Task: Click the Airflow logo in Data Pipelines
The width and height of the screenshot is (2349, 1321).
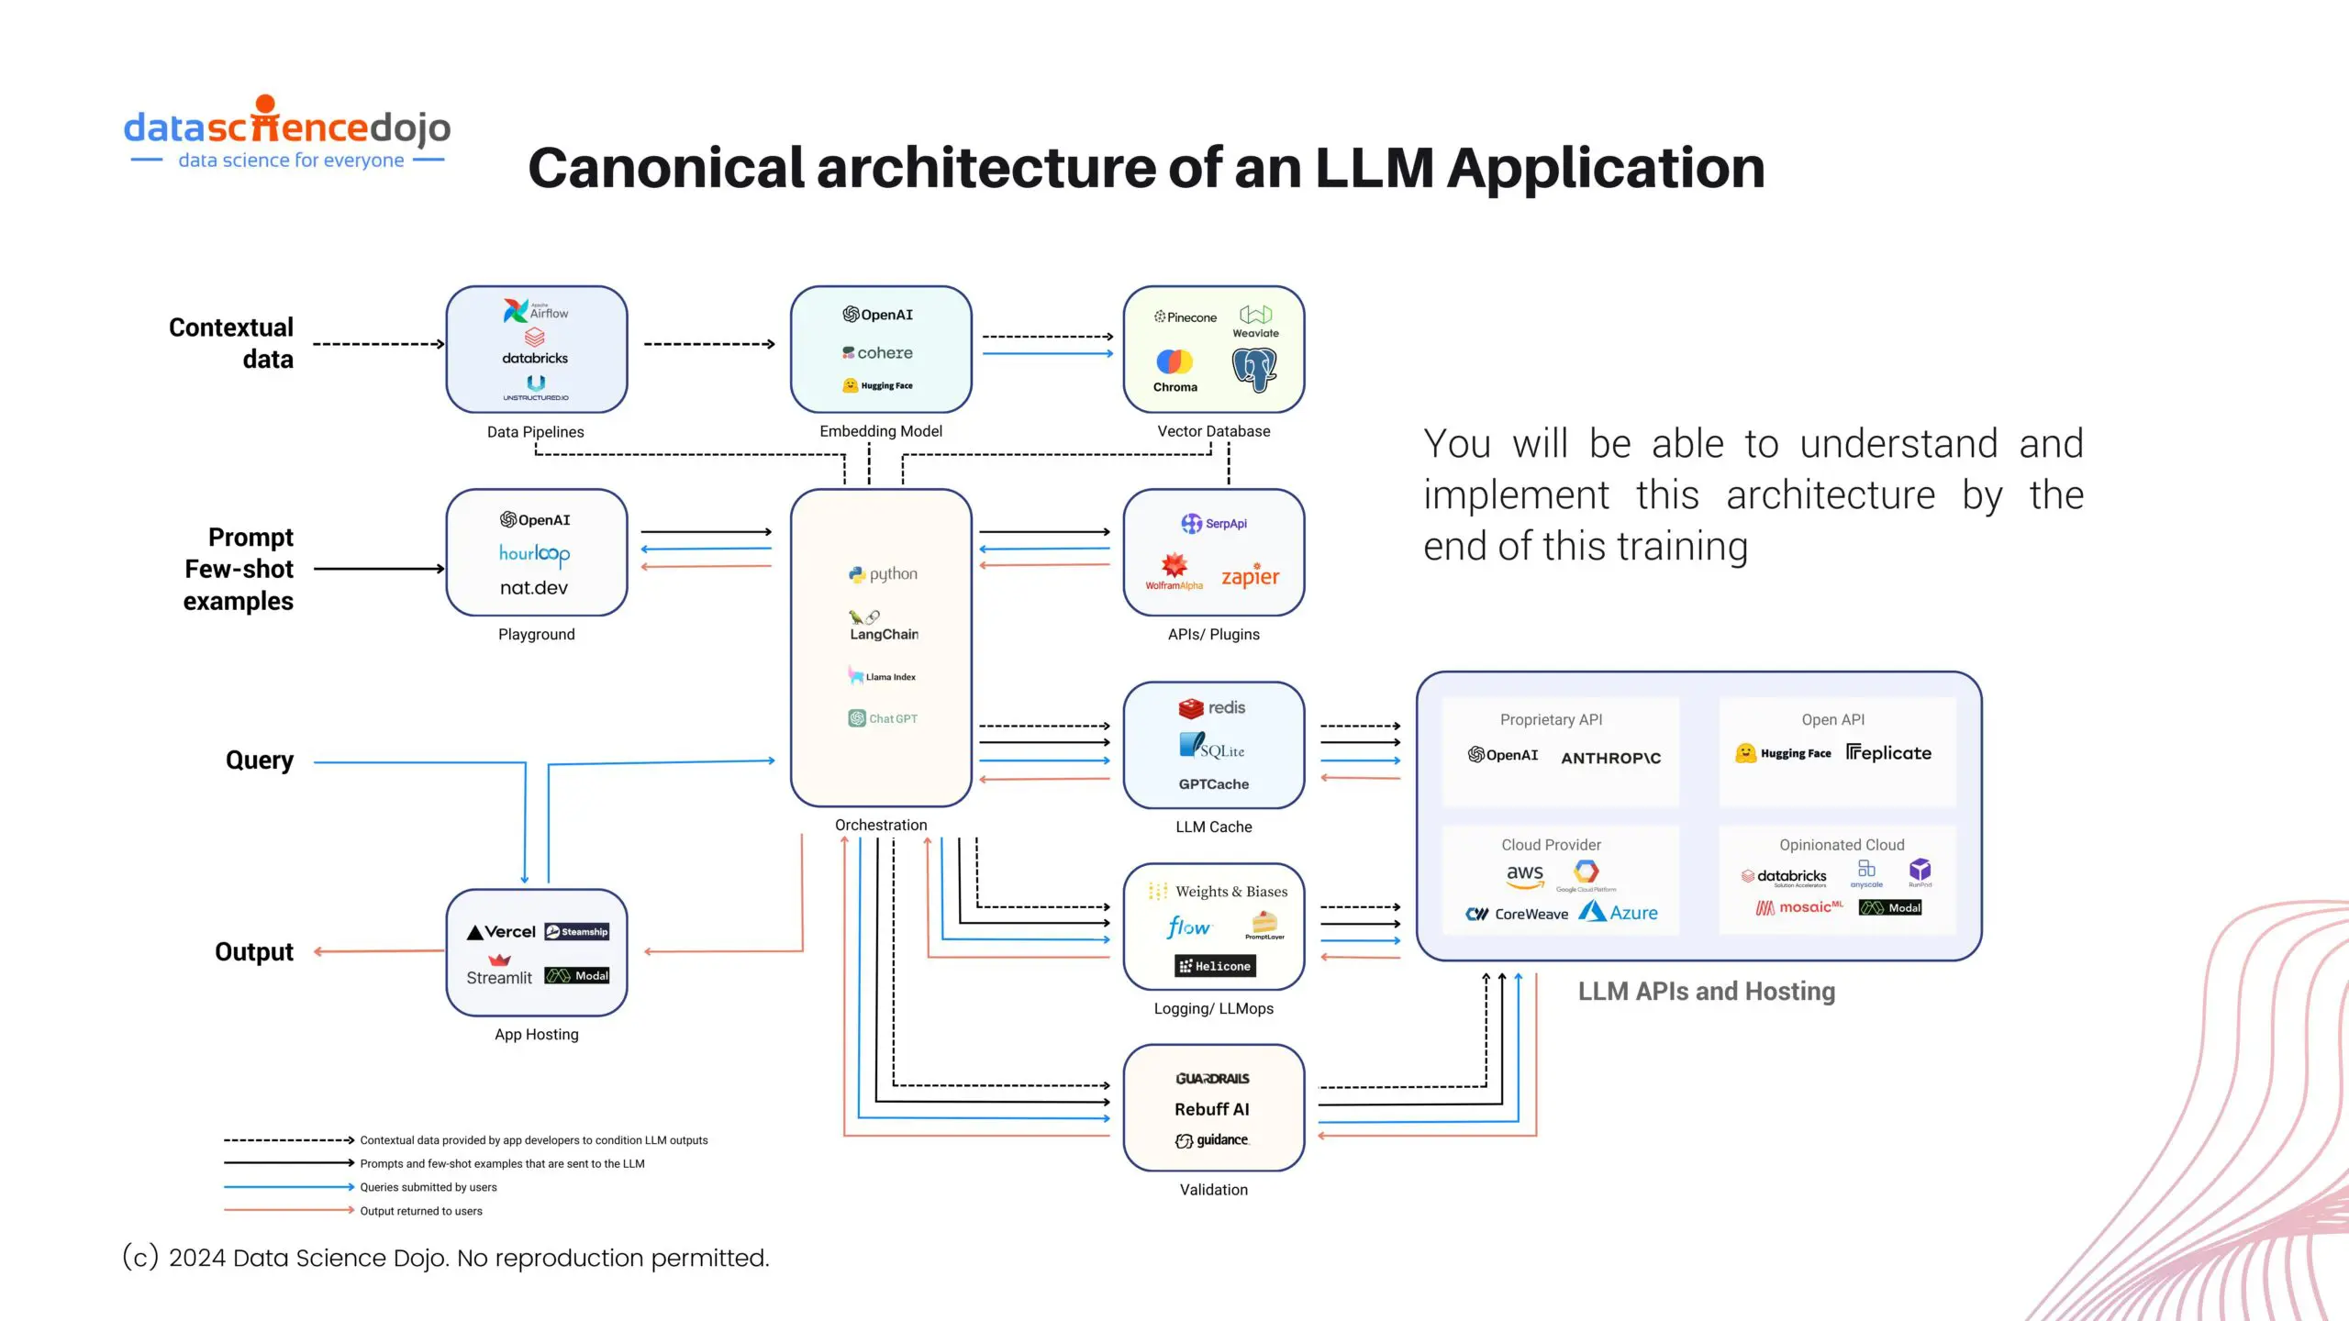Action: click(x=535, y=311)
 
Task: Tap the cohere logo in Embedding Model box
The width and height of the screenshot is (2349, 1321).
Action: click(x=878, y=352)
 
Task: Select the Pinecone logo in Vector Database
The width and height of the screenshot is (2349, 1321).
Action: click(x=1186, y=317)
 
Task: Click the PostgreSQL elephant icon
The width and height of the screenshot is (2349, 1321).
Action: click(x=1253, y=370)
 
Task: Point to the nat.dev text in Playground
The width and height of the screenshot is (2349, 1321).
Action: click(x=534, y=588)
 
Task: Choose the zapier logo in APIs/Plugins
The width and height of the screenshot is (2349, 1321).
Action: click(x=1250, y=576)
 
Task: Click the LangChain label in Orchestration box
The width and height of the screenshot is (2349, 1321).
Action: click(x=883, y=634)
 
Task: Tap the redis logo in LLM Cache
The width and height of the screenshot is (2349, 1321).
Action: click(x=1212, y=707)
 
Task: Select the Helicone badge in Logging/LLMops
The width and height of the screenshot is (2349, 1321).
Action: click(x=1215, y=966)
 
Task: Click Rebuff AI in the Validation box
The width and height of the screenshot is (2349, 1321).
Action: click(x=1212, y=1109)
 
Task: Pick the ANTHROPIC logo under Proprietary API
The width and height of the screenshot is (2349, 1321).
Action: click(x=1610, y=758)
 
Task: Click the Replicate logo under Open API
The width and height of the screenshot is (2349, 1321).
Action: click(x=1888, y=753)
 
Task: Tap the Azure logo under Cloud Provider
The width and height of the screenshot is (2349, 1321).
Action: click(x=1619, y=913)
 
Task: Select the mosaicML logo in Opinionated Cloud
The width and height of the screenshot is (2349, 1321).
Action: click(x=1799, y=907)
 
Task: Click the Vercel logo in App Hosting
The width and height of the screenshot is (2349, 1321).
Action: click(x=501, y=932)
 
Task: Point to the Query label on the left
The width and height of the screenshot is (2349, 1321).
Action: click(x=260, y=760)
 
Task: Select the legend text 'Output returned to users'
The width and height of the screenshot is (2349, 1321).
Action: click(x=421, y=1211)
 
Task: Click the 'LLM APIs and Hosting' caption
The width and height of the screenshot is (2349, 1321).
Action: click(x=1706, y=992)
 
